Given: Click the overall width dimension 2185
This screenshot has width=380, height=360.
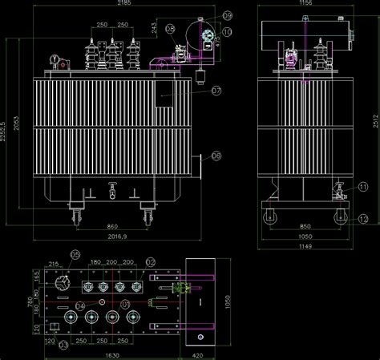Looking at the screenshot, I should pos(123,4).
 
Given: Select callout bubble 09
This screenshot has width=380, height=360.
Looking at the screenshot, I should pos(228,16).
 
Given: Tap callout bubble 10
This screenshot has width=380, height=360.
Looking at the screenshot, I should pos(228,32).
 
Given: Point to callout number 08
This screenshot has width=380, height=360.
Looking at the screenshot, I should pos(170,29).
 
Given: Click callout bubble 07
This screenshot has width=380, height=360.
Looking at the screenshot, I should pos(216,91).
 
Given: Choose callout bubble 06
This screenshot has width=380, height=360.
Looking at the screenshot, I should pos(216,156).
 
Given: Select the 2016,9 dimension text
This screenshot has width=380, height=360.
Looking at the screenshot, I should pos(117,237).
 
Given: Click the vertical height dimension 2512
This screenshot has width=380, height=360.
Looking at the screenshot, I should pos(375,120).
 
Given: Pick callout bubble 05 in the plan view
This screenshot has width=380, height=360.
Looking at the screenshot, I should pos(75,256).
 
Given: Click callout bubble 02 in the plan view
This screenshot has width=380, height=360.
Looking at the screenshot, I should pos(150,262).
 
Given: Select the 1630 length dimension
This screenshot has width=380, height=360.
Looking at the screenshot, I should pos(111,354).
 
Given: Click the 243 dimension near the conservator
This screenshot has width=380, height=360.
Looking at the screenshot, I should pos(154,28).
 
